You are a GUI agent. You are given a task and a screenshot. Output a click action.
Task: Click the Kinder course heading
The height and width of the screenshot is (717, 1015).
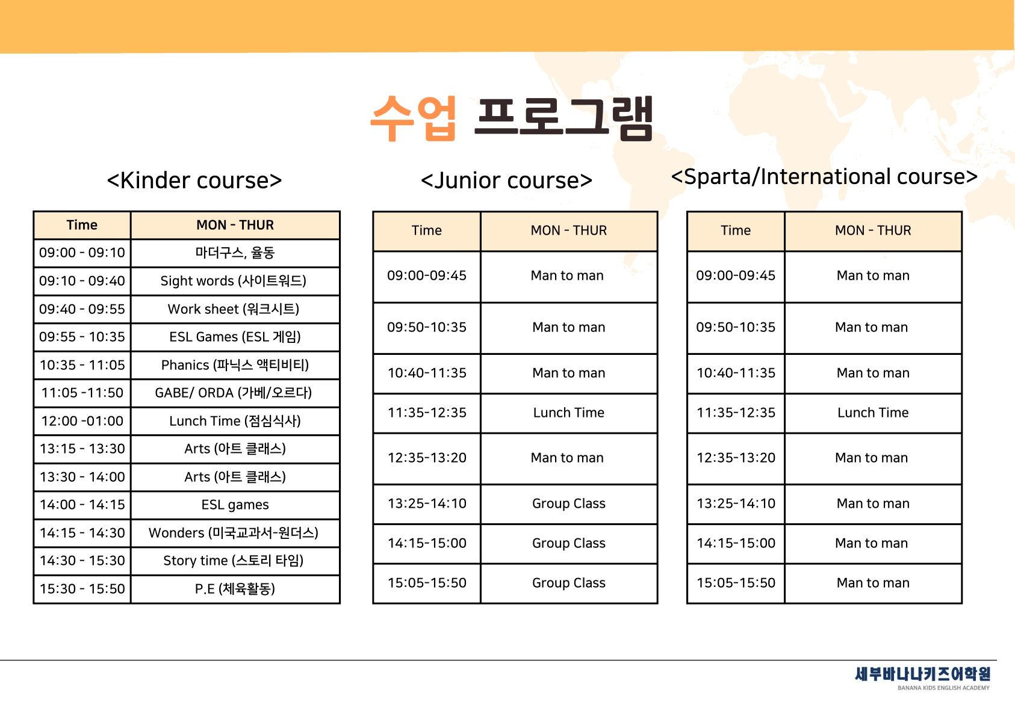click(x=194, y=180)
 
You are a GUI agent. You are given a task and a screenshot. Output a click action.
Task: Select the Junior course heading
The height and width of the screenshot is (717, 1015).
click(x=506, y=180)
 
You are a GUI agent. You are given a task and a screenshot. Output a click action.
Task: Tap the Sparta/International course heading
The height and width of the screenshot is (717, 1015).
click(x=824, y=176)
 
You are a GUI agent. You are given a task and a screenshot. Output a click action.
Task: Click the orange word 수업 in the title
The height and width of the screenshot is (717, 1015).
click(x=413, y=118)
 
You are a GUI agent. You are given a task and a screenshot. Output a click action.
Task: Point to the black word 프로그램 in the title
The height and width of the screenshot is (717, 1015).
click(x=563, y=118)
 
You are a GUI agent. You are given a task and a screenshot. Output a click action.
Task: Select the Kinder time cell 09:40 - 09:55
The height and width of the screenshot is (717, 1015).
click(x=82, y=309)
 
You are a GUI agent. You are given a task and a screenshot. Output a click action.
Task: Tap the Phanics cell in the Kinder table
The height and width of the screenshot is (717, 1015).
click(x=235, y=365)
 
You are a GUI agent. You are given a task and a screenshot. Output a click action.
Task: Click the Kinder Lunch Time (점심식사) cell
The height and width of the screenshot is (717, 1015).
click(x=235, y=420)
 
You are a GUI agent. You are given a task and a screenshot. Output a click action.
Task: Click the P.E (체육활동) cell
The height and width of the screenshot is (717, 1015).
click(x=235, y=588)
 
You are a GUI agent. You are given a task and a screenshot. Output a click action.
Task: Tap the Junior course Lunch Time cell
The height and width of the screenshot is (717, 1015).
click(x=569, y=413)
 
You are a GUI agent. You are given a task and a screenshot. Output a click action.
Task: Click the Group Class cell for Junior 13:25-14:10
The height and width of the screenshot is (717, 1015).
click(x=569, y=503)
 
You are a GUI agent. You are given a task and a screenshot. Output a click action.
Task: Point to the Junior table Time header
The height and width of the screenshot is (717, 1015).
click(x=426, y=230)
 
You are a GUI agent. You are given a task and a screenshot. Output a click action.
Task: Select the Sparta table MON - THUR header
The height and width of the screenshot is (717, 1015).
click(x=873, y=230)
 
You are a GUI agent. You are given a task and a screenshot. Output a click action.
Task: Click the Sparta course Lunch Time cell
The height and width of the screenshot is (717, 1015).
click(x=873, y=413)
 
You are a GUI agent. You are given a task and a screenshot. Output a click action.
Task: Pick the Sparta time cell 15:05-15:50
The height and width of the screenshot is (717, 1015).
click(x=736, y=582)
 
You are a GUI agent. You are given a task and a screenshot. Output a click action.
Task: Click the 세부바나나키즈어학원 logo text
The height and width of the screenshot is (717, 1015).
click(x=922, y=674)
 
